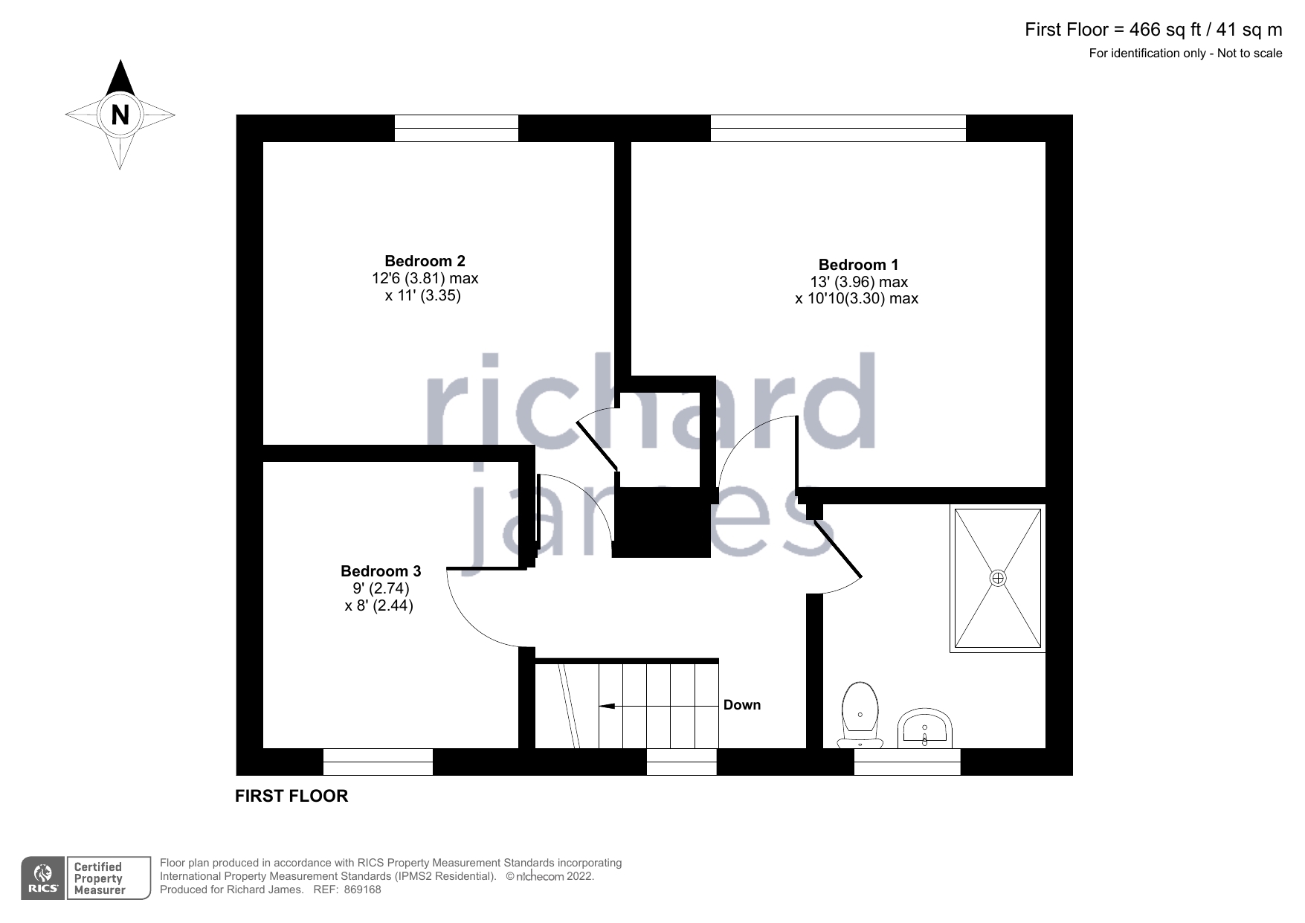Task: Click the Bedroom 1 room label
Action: pyautogui.click(x=858, y=265)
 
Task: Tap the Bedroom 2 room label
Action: pyautogui.click(x=425, y=261)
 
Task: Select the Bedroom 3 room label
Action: pyautogui.click(x=381, y=571)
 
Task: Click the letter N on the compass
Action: pyautogui.click(x=120, y=115)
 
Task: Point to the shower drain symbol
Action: pyautogui.click(x=997, y=578)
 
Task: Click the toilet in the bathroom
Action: pyautogui.click(x=860, y=713)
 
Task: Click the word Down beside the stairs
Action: pyautogui.click(x=742, y=705)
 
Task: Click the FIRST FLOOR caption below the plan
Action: pyautogui.click(x=291, y=796)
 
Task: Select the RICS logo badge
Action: pyautogui.click(x=43, y=878)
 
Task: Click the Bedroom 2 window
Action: pyautogui.click(x=456, y=128)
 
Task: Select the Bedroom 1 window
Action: pyautogui.click(x=838, y=128)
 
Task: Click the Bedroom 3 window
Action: pyautogui.click(x=378, y=762)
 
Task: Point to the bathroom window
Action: pyautogui.click(x=907, y=762)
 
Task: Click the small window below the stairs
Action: pyautogui.click(x=681, y=762)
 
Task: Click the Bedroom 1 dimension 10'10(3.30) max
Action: pyautogui.click(x=857, y=299)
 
